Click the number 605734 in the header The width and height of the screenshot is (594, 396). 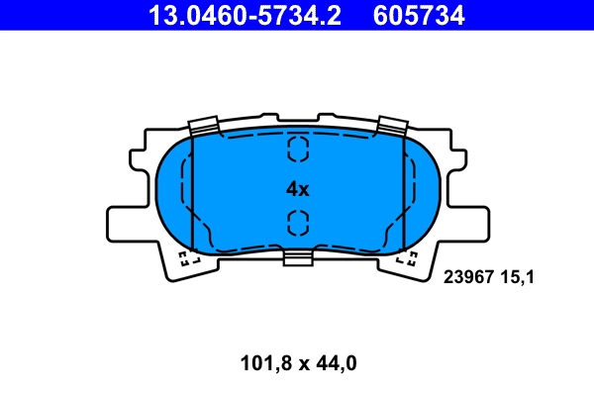point(419,15)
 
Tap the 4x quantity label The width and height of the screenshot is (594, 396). point(297,188)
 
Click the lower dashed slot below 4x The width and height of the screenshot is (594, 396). point(297,223)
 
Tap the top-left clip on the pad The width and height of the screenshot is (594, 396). point(203,125)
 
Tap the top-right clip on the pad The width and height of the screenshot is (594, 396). point(392,125)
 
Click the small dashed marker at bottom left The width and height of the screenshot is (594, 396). point(187,259)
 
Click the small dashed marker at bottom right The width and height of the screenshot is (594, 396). point(407,259)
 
